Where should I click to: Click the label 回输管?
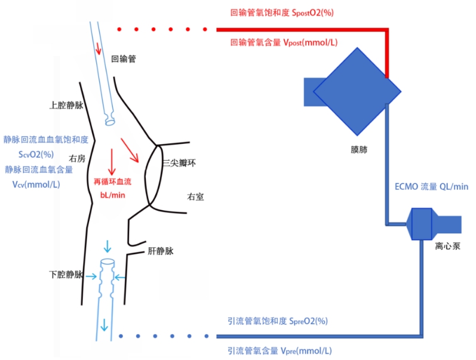pyautogui.click(x=124, y=60)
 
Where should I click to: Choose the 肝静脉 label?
pyautogui.click(x=160, y=252)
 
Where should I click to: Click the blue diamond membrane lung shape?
pyautogui.click(x=357, y=91)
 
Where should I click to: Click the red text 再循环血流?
pyautogui.click(x=112, y=181)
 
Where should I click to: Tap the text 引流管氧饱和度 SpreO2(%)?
pyautogui.click(x=278, y=321)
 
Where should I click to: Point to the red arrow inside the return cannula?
pyautogui.click(x=99, y=48)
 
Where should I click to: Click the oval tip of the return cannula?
pyautogui.click(x=110, y=121)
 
